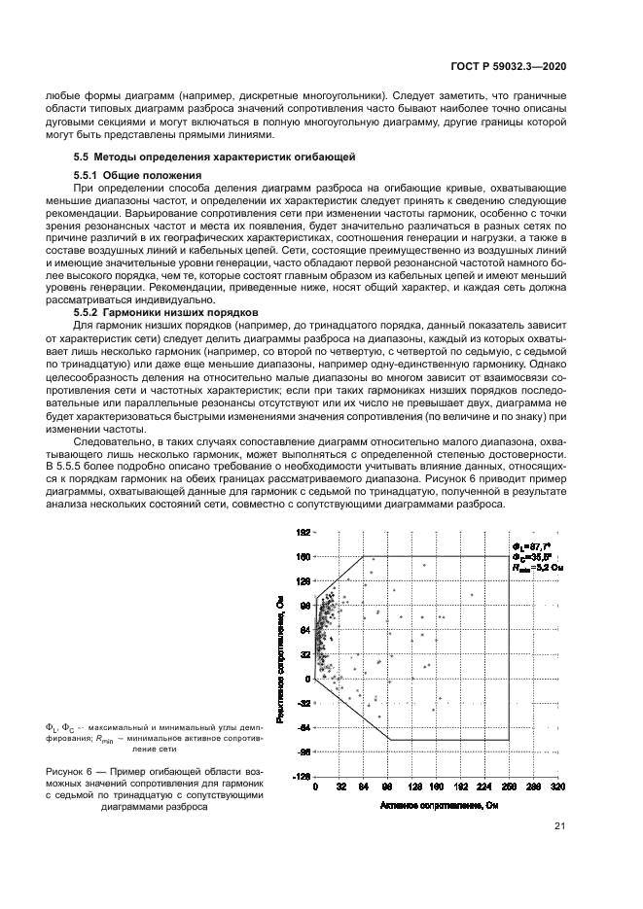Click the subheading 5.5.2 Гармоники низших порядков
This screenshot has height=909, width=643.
point(154,311)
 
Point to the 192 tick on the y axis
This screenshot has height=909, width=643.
point(303,533)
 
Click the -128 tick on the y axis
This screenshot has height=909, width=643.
point(301,777)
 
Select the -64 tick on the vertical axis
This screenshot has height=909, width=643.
point(303,727)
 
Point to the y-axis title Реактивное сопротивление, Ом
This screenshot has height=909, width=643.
point(280,656)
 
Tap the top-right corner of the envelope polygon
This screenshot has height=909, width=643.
point(509,556)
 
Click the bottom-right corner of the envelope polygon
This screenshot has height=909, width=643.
point(509,740)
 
